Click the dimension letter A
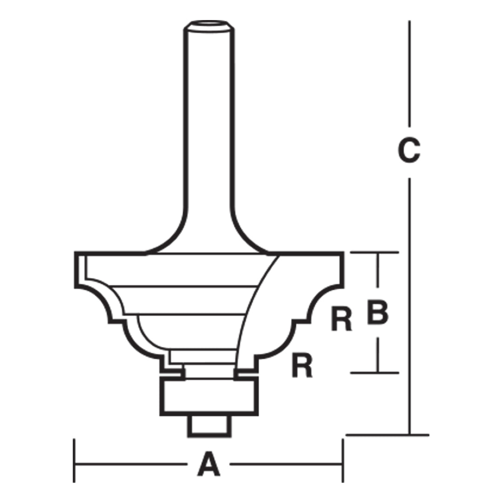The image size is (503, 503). click(209, 464)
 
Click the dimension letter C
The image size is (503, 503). click(409, 150)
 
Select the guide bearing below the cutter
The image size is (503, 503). click(209, 396)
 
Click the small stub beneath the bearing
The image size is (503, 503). click(209, 426)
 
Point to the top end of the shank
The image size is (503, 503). click(209, 25)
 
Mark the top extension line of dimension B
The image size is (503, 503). click(374, 252)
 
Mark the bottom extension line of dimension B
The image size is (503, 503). click(374, 373)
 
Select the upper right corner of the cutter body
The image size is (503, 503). click(343, 253)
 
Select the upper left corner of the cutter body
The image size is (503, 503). click(75, 253)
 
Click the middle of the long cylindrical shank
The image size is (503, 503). click(209, 130)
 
